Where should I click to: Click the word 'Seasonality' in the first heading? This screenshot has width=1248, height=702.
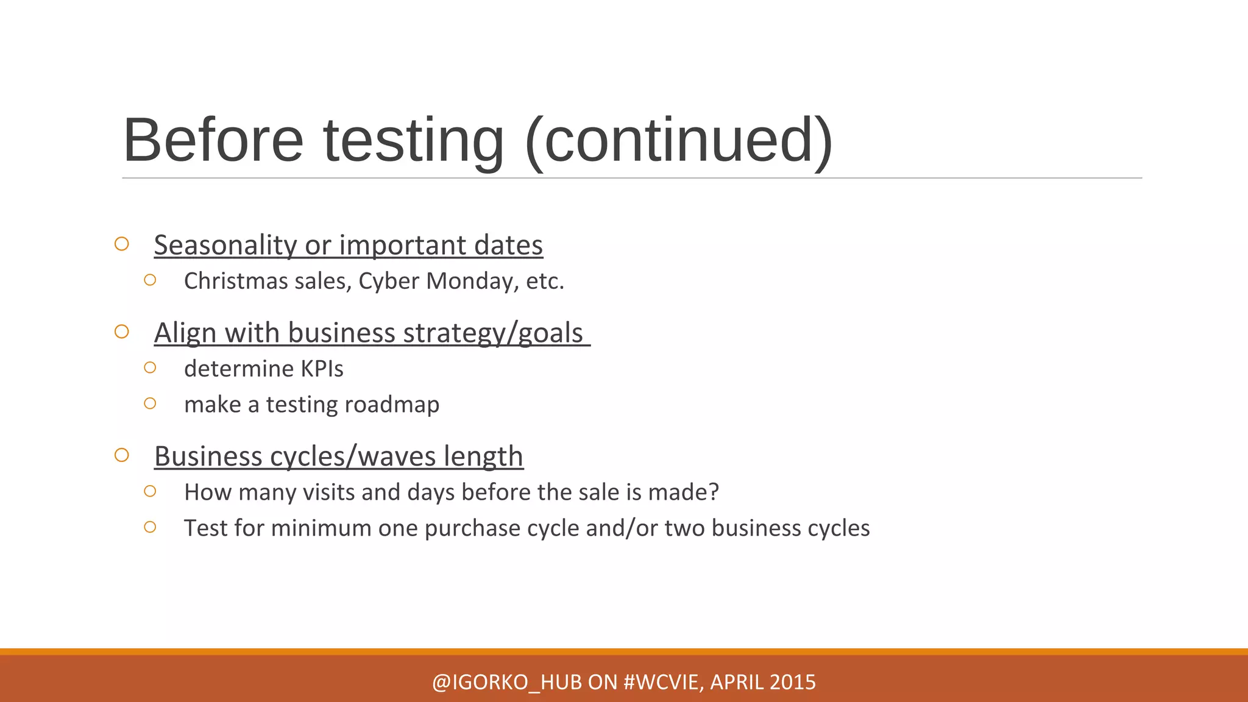pyautogui.click(x=225, y=245)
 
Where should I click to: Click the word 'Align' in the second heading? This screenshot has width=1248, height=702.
pyautogui.click(x=185, y=333)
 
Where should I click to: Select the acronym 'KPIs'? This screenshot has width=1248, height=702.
pyautogui.click(x=322, y=369)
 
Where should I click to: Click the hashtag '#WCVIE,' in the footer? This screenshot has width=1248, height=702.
pyautogui.click(x=664, y=682)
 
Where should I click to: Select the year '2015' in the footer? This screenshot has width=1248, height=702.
pyautogui.click(x=792, y=682)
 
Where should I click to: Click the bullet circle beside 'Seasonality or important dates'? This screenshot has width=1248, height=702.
pyautogui.click(x=122, y=244)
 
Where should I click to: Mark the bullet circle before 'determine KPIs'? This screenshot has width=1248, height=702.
pyautogui.click(x=150, y=367)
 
